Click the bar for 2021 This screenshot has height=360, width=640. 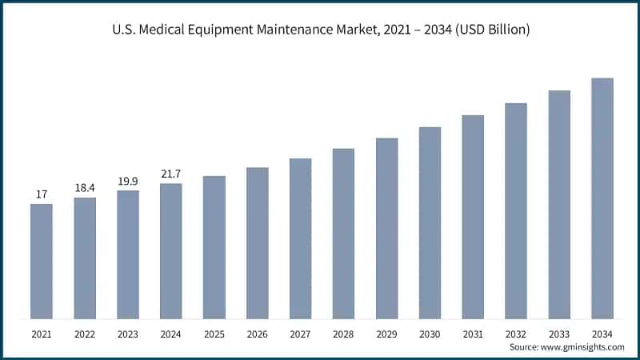[x=42, y=261]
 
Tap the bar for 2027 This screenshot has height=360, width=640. [x=300, y=238]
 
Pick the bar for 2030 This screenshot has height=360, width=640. [x=430, y=222]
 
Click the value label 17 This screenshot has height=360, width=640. [x=42, y=194]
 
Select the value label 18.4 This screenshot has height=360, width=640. [x=85, y=187]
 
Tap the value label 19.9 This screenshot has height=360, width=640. [x=128, y=180]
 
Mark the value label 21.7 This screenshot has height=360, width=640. [x=171, y=173]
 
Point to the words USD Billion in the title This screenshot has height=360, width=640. [x=490, y=30]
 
